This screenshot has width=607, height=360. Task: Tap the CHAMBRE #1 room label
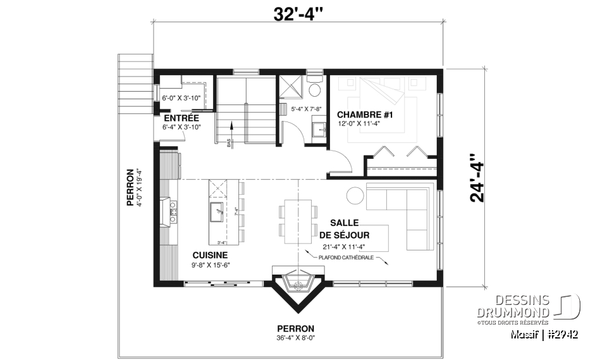(x=365, y=115)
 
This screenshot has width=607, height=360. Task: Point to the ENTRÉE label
(x=181, y=118)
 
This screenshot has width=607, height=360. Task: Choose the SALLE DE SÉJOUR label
(x=344, y=229)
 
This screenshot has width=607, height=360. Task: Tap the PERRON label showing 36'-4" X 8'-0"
(x=295, y=329)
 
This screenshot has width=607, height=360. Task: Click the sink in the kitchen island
(x=219, y=212)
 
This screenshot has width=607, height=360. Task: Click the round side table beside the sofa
(x=354, y=196)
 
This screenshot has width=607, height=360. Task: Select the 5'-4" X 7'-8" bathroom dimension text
(x=306, y=109)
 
